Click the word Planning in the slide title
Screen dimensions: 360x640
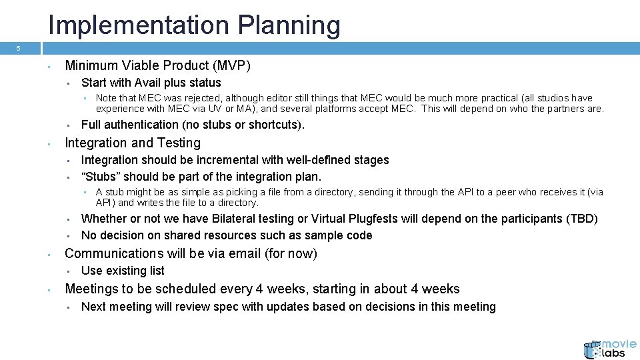pyautogui.click(x=299, y=25)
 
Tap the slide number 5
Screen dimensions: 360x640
pyautogui.click(x=19, y=49)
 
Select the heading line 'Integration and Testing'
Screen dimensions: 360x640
pyautogui.click(x=132, y=143)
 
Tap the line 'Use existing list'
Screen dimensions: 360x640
pyautogui.click(x=123, y=271)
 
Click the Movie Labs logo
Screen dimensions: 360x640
pyautogui.click(x=609, y=348)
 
